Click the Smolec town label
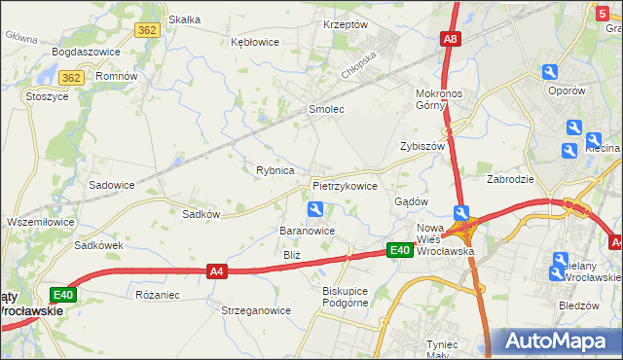[x=326, y=110]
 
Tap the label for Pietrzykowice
[x=345, y=185]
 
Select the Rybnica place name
[x=275, y=170]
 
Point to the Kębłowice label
[x=255, y=43]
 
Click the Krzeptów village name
[x=346, y=24]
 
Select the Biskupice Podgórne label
[x=347, y=296]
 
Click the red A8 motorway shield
[x=450, y=40]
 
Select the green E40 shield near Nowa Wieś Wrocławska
[x=399, y=251]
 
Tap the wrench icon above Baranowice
[x=316, y=209]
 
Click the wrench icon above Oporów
[x=550, y=72]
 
